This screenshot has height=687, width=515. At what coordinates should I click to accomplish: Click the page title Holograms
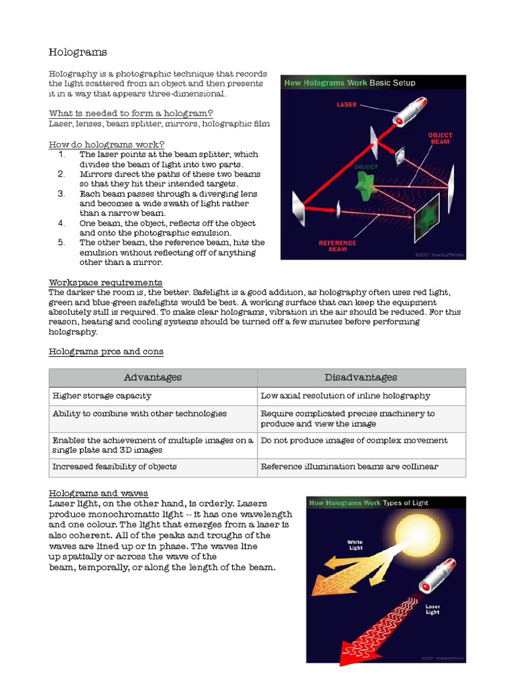[78, 52]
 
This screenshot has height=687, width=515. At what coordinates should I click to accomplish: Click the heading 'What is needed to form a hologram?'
[131, 113]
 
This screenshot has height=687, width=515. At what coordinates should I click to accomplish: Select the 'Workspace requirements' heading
[105, 282]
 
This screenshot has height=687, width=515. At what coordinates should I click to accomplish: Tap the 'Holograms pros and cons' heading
[106, 352]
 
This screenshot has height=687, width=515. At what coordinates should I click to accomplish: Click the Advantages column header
[153, 378]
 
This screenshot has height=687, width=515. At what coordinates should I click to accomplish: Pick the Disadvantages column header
[361, 378]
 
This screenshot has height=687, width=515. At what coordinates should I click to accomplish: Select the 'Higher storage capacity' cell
[102, 396]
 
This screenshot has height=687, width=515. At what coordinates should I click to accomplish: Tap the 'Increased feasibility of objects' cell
[115, 467]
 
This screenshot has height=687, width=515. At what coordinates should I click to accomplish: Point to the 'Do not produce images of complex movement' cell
[354, 441]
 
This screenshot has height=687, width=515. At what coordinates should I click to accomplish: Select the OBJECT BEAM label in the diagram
[441, 139]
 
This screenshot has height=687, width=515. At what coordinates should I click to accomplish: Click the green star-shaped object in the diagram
[365, 182]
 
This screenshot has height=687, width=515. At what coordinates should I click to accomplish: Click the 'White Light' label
[355, 545]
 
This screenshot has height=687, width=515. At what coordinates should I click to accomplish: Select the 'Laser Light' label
[433, 609]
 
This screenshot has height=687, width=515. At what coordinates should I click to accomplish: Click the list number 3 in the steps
[61, 194]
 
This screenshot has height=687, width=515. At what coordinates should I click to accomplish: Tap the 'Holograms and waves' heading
[99, 493]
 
